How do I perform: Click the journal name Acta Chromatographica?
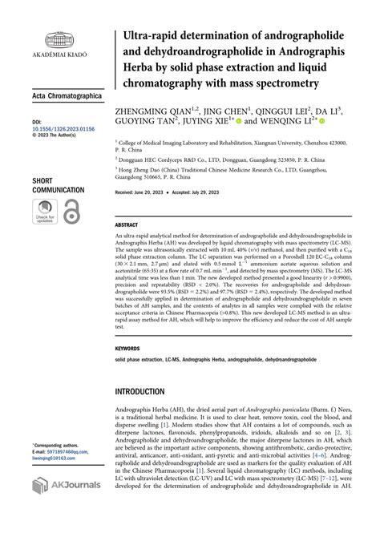click(x=67, y=95)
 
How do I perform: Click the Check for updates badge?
click(x=44, y=212)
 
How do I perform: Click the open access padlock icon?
click(x=71, y=212)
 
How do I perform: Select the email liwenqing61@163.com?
click(x=61, y=458)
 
